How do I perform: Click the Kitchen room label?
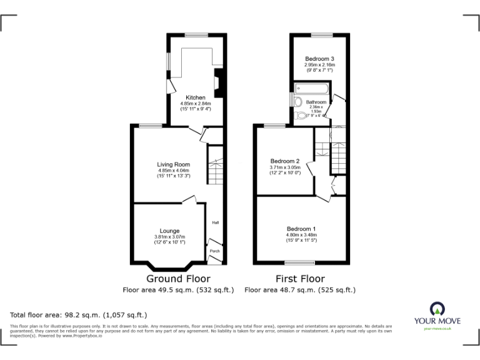click(196, 98)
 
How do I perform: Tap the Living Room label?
click(173, 164)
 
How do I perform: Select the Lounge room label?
click(169, 231)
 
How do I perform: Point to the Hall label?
click(215, 222)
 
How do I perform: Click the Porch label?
click(214, 251)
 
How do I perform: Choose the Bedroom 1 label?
click(301, 228)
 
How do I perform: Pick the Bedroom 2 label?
click(285, 161)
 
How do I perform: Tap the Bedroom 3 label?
click(320, 59)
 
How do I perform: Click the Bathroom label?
click(316, 102)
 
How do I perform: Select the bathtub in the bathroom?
click(311, 89)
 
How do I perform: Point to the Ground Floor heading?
click(178, 279)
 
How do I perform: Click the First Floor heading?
click(300, 279)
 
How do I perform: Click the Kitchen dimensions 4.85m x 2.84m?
click(196, 104)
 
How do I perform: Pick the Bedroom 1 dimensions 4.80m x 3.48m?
click(301, 235)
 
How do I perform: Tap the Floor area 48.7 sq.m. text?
click(300, 290)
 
